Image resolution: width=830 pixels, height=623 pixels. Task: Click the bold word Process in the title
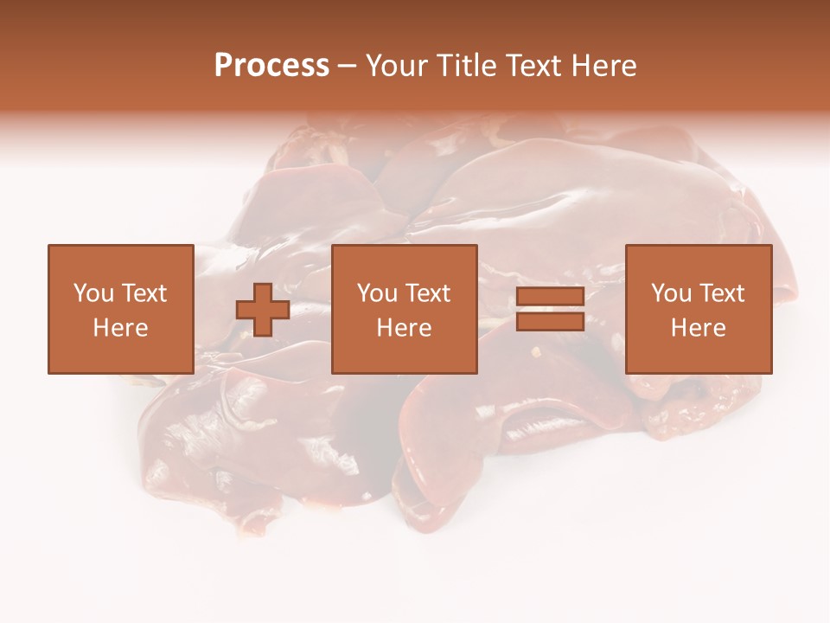point(271,66)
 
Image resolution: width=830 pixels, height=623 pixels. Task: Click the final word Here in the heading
point(604,66)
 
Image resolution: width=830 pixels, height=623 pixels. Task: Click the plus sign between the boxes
point(263,310)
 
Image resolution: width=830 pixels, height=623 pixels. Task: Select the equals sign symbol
point(550,309)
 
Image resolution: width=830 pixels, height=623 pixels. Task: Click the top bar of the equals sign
point(550,298)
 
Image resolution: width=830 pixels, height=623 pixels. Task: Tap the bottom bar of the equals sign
point(550,321)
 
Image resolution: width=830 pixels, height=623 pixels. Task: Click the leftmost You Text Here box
point(120,309)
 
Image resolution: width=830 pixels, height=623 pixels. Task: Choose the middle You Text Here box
point(404,309)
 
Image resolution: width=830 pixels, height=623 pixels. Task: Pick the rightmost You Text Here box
point(698,309)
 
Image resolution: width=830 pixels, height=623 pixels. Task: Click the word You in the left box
point(93,293)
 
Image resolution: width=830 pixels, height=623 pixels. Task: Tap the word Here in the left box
point(120,328)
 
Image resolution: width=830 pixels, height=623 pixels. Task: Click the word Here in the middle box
point(404,328)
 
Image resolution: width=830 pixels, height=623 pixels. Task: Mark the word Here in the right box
point(698,328)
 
